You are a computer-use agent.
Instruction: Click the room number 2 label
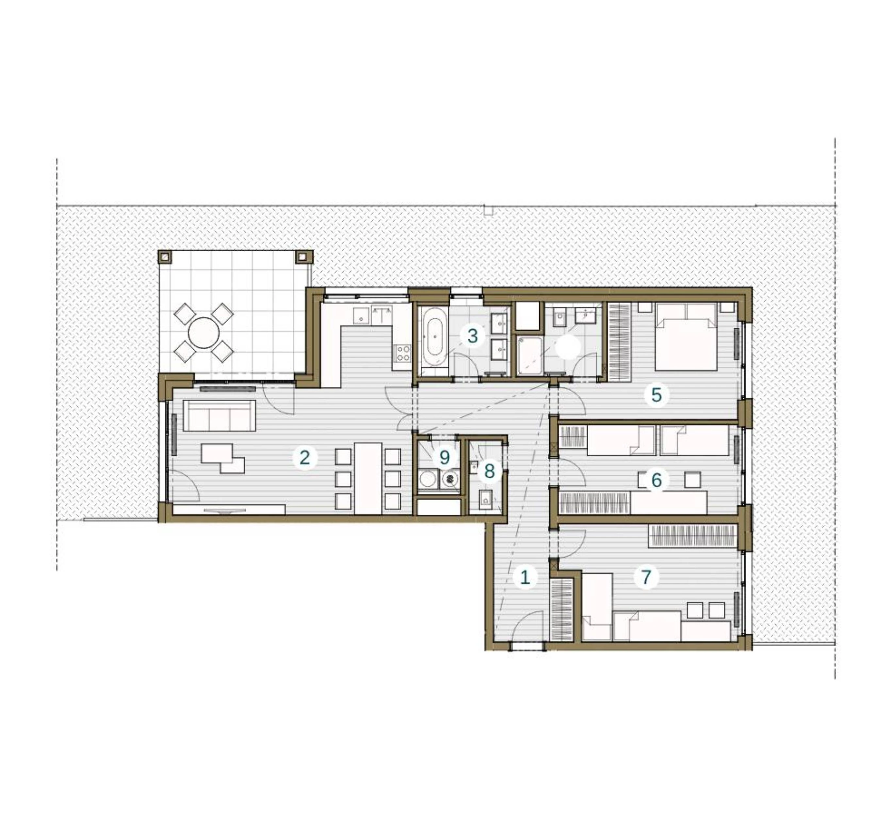pyautogui.click(x=305, y=458)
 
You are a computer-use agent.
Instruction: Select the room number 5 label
pyautogui.click(x=656, y=395)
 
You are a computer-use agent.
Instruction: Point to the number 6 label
pyautogui.click(x=656, y=480)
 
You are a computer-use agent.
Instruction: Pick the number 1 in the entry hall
pyautogui.click(x=525, y=577)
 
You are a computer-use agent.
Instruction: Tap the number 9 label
pyautogui.click(x=445, y=458)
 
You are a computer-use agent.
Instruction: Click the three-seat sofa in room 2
pyautogui.click(x=219, y=416)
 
